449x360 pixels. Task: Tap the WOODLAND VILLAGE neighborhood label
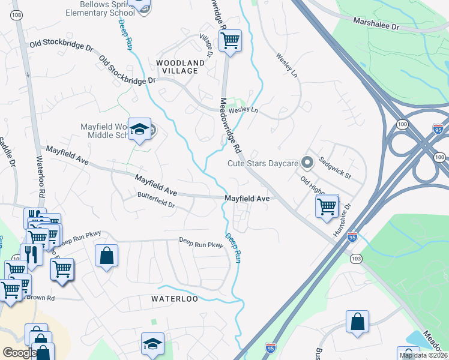tap(177, 67)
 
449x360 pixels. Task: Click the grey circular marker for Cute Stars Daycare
tap(307, 163)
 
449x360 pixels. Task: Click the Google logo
tap(19, 353)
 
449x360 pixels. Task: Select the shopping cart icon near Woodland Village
tap(230, 40)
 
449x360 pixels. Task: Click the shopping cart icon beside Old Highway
tap(327, 206)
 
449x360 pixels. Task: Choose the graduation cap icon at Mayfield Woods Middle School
tap(140, 130)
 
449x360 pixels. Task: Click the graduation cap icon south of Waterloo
tap(152, 344)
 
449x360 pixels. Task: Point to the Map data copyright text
tap(423, 355)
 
